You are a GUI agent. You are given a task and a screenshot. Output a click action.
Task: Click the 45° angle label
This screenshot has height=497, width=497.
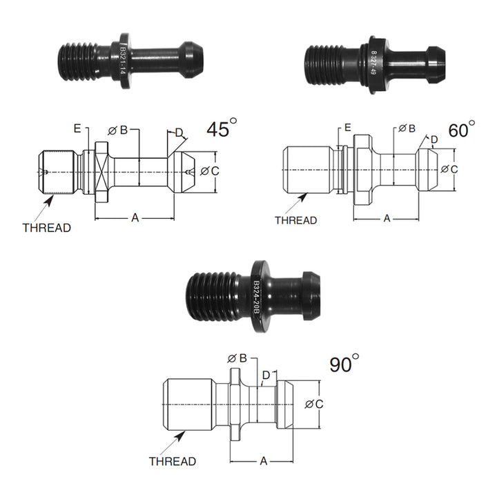[221, 130]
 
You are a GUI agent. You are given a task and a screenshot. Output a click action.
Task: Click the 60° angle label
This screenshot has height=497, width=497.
[460, 130]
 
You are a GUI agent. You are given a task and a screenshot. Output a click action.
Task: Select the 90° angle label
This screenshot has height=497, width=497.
[344, 364]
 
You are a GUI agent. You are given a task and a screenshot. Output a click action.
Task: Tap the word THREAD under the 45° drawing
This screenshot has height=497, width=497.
[46, 227]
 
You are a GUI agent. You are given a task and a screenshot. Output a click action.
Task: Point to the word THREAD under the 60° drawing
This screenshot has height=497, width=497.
[295, 220]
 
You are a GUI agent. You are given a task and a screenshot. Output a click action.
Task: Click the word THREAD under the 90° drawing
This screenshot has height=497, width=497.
[173, 461]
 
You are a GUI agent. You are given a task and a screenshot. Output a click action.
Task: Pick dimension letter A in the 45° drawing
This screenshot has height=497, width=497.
[135, 218]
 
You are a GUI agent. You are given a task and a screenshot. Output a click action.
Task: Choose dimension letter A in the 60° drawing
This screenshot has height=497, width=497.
[387, 218]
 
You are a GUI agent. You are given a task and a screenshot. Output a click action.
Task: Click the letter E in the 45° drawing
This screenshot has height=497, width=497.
[78, 128]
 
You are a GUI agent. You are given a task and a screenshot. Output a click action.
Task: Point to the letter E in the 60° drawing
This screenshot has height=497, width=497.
[347, 128]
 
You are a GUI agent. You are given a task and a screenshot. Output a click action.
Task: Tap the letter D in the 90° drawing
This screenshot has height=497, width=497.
[266, 376]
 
